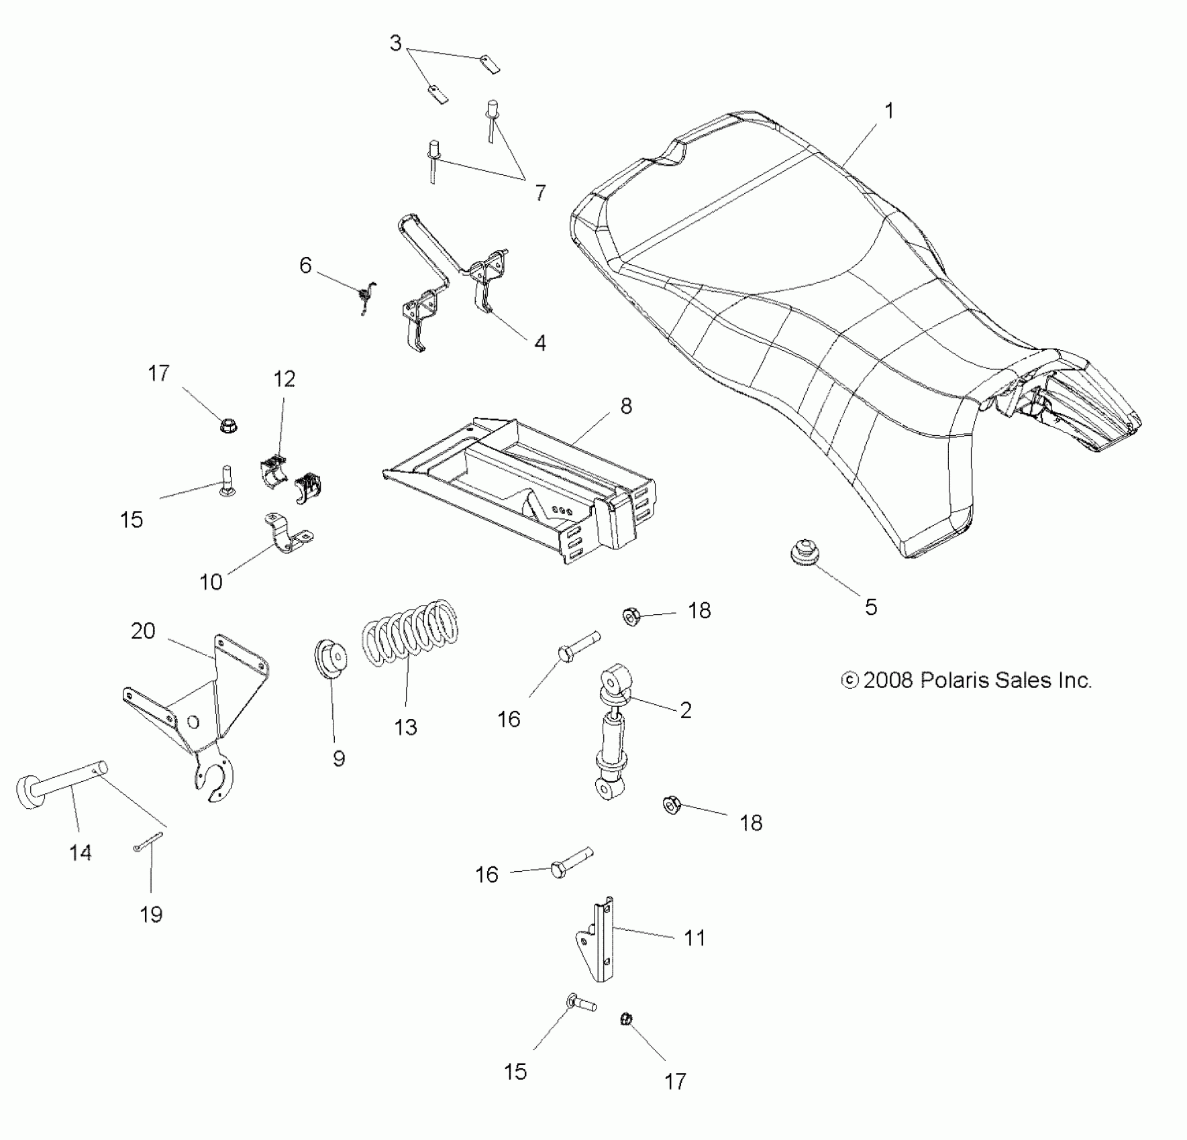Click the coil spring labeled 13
tap(411, 634)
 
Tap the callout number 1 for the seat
tap(889, 111)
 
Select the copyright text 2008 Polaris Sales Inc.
tap(967, 681)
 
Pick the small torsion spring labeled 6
tap(367, 295)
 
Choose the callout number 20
tap(143, 631)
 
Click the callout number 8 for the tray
tap(625, 406)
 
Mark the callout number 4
tap(539, 343)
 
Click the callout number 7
tap(540, 193)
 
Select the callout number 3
tap(395, 44)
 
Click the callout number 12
tap(285, 380)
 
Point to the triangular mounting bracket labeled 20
tap(201, 711)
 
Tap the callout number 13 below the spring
tap(405, 727)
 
